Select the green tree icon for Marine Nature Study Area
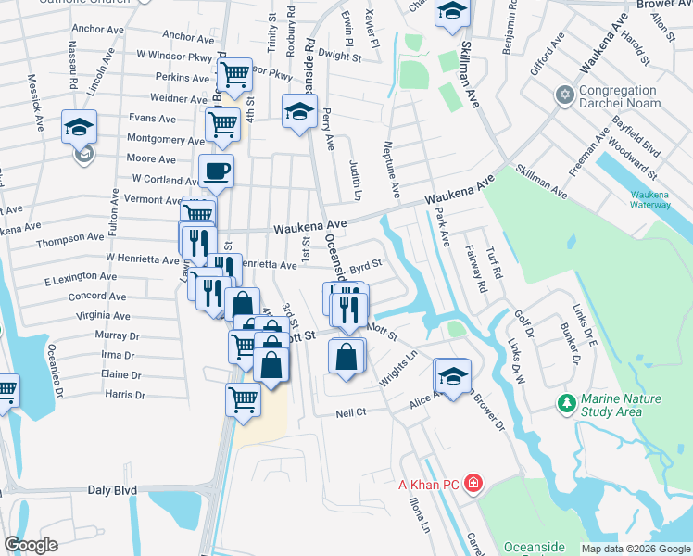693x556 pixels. pos(565,403)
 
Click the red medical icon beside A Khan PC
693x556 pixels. pos(473,484)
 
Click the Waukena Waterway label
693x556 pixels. pos(656,200)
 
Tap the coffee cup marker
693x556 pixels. pos(217,171)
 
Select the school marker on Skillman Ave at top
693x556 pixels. pos(452,12)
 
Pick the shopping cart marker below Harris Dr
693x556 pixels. pos(243,400)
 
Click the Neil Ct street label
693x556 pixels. pos(352,411)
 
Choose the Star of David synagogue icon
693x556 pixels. pos(563,95)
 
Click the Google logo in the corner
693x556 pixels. pos(31,545)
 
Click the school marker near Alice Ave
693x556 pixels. pos(453,377)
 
